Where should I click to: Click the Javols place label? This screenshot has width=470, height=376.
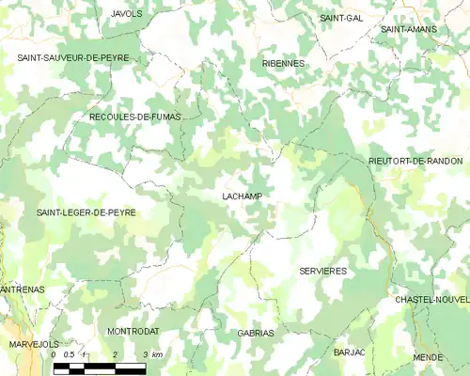(x=126, y=14)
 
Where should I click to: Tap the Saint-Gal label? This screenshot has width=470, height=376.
(x=341, y=18)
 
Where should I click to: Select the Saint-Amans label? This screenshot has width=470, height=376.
(x=405, y=30)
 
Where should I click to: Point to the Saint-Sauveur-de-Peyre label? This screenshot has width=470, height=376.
(x=72, y=58)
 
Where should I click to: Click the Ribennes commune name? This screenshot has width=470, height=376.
(x=283, y=63)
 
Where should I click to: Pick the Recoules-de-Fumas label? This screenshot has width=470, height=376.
(x=133, y=117)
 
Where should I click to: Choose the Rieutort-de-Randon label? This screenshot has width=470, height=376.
(x=415, y=162)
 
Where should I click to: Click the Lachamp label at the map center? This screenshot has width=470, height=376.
(x=242, y=196)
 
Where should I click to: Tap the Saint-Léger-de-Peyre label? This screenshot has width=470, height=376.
(x=86, y=213)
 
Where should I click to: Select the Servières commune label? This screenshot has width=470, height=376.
(x=322, y=271)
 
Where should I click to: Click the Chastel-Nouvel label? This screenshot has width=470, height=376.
(x=432, y=299)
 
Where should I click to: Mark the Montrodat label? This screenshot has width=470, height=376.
(x=133, y=332)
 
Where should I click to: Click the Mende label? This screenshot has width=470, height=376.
(x=428, y=358)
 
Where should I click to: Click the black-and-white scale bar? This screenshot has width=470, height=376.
(x=99, y=367)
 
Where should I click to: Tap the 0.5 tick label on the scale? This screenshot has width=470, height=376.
(x=69, y=354)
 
